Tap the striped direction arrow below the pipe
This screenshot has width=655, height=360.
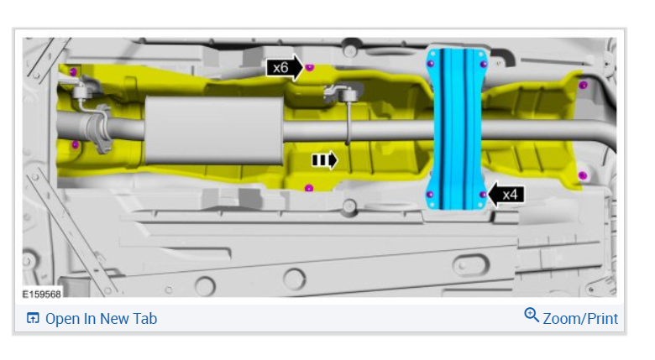[325, 160]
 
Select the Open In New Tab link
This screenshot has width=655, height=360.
[101, 319]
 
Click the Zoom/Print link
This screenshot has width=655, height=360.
[580, 319]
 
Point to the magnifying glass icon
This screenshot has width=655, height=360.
[532, 315]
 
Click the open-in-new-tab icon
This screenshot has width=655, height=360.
[33, 318]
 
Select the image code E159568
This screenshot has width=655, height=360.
[41, 294]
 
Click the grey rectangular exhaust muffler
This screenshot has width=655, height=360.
[213, 131]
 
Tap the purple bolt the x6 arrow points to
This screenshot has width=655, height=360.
[309, 67]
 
